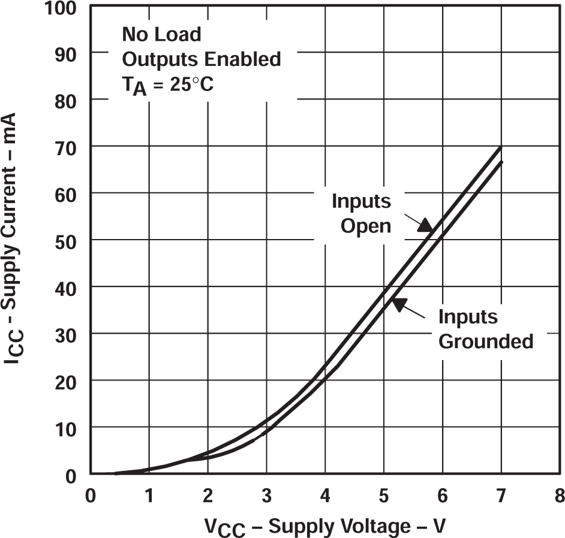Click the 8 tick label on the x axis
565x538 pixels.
pos(560,496)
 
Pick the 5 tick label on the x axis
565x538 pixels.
pos(384,496)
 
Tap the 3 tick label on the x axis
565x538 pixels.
pos(266,496)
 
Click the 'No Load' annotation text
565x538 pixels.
pos(161,35)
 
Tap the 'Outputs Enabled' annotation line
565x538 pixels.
pos(201,59)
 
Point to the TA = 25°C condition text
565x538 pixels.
pos(167,85)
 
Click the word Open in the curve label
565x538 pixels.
pos(366,226)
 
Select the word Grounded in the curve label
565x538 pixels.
pos(486,341)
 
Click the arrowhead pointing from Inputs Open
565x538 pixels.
pos(426,225)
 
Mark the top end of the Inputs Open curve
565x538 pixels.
pos(500,147)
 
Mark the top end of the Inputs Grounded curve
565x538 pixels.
pos(501,162)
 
